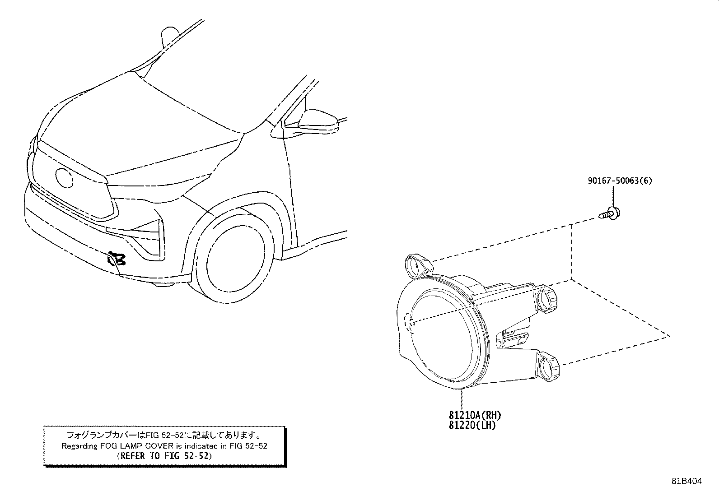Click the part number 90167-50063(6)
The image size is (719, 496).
620,181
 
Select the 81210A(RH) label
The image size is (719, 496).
475,416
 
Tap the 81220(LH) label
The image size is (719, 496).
472,426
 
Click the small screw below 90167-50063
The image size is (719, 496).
609,214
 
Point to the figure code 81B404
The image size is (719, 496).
687,481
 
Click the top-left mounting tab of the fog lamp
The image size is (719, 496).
417,266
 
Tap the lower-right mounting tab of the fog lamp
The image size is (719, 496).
548,366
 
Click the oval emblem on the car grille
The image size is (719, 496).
64,177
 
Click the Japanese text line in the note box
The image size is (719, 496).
164,436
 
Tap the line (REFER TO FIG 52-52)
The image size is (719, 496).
164,456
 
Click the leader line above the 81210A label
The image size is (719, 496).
462,399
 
